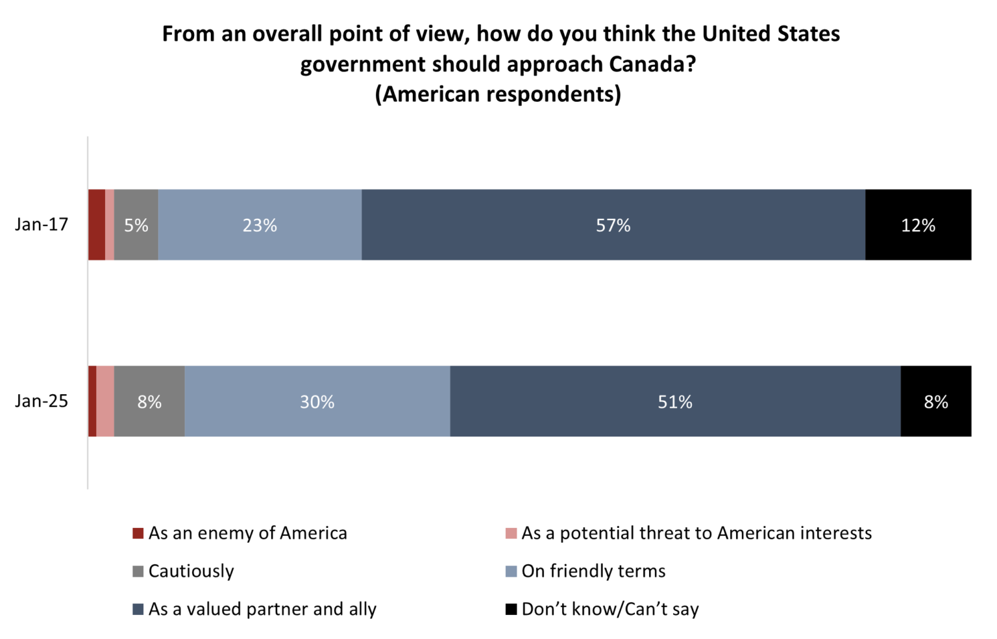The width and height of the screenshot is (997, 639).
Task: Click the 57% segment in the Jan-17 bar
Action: click(x=613, y=225)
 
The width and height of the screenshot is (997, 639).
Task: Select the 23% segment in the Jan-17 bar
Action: click(x=260, y=225)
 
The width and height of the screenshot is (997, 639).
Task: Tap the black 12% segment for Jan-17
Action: click(x=918, y=225)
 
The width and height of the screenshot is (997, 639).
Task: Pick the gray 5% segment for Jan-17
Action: click(x=136, y=225)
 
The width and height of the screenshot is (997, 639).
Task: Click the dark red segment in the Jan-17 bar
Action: click(x=96, y=225)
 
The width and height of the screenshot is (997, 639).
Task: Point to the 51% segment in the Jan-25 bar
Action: click(x=675, y=401)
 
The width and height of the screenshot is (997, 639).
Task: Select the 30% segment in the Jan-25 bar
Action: click(x=317, y=401)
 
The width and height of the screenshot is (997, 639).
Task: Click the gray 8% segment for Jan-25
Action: click(x=149, y=401)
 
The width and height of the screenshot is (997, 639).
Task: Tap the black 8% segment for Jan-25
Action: click(x=935, y=401)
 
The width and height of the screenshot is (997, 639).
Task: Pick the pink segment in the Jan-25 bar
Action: click(x=105, y=401)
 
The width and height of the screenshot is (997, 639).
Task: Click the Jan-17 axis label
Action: click(x=42, y=225)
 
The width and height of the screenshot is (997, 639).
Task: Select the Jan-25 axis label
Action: click(x=42, y=401)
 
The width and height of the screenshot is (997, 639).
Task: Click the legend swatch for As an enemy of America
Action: click(x=138, y=534)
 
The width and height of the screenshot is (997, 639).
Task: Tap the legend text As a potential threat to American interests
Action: click(x=696, y=533)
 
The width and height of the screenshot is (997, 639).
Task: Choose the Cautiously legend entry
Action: click(x=191, y=571)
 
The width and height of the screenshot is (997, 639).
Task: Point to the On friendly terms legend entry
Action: click(x=593, y=571)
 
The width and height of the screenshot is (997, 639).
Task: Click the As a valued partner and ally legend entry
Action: click(x=262, y=609)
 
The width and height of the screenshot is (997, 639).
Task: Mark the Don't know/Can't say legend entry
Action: click(x=610, y=609)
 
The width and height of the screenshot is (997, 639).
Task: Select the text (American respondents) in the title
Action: click(x=498, y=94)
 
